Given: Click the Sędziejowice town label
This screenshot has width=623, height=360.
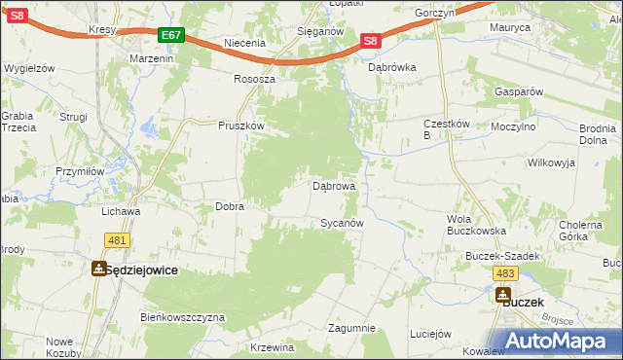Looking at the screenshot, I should point(142,270).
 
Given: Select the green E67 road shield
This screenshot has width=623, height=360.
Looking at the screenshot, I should point(171,35).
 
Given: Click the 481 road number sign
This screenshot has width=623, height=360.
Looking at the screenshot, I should point(117,240).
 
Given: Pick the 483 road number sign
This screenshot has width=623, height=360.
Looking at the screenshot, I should point(504,273).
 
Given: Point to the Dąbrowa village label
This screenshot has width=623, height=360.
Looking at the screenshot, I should point(333,185).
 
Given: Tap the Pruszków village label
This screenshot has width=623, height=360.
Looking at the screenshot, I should point(241,126).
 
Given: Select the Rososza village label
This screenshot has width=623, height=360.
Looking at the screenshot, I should point(255,79).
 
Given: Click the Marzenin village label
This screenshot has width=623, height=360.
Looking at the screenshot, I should point(151,58).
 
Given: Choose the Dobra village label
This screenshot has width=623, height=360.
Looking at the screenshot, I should point(229,206).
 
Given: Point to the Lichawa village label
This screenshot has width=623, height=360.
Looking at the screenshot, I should point(122,210).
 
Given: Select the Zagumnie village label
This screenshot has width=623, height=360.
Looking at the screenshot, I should point(351,328).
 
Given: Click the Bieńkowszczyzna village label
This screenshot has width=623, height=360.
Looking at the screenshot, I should point(183,317).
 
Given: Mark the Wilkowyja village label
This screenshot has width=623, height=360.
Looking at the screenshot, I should point(552,162).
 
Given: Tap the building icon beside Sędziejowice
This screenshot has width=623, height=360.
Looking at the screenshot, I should point(98,270).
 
